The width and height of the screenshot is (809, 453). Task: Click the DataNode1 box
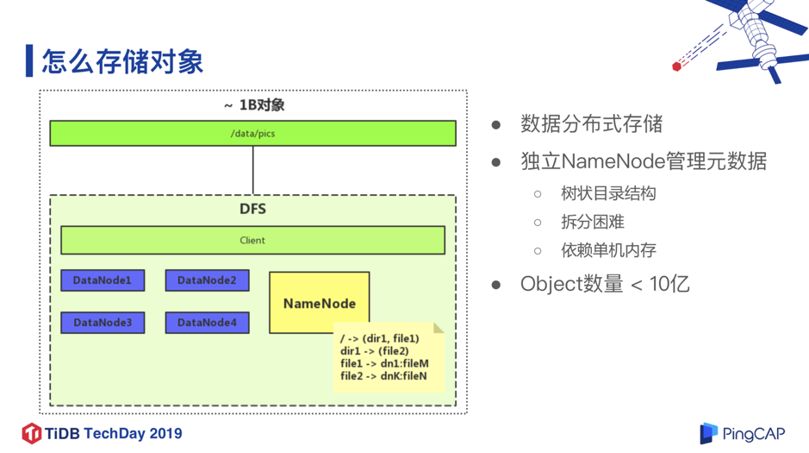pos(103,280)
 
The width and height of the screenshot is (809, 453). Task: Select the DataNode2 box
pos(207,280)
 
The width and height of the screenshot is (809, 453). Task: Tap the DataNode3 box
pos(103,323)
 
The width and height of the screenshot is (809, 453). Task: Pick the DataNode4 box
pos(207,323)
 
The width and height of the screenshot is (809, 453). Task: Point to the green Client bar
pos(252,241)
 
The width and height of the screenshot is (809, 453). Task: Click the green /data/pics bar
pos(252,134)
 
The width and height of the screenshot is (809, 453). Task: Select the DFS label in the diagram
pos(252,210)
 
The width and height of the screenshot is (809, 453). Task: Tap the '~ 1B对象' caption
pos(253,105)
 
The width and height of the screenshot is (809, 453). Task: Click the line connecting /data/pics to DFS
pos(253,170)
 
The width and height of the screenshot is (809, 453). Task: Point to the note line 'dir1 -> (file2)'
pos(375,351)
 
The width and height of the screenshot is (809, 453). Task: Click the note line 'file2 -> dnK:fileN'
pos(383,376)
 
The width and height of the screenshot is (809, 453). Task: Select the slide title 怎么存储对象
pos(122,61)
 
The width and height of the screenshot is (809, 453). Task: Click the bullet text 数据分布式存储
pos(591,124)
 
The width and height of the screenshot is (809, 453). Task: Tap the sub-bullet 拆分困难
pos(592,222)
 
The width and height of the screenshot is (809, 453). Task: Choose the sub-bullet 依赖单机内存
pos(608,250)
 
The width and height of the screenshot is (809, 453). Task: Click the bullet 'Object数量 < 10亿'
pos(605,284)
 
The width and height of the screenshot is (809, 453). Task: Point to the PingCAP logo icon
pos(708,433)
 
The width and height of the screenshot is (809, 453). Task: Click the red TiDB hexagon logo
pos(32,433)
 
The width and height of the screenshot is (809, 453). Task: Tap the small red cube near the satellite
pos(677,66)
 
